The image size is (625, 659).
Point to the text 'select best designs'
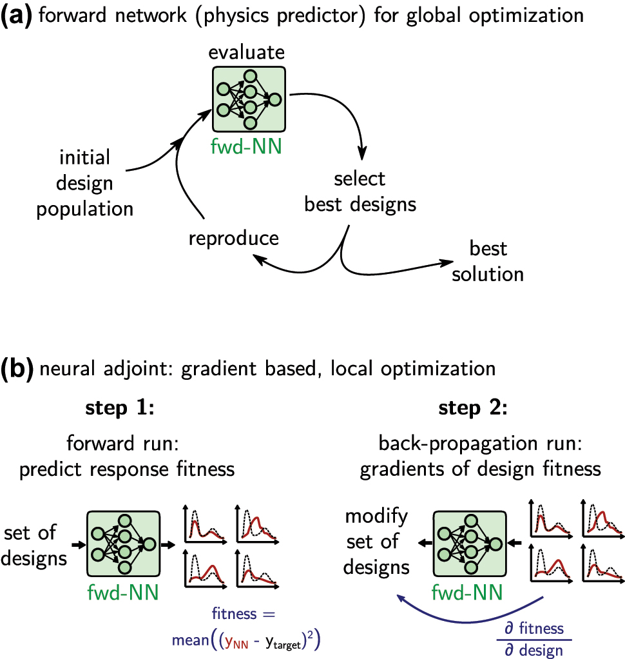tap(360, 192)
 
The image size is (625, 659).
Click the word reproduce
tap(234, 238)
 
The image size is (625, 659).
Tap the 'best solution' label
tap(488, 261)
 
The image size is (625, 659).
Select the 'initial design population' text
tap(84, 182)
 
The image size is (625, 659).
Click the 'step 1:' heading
tap(122, 409)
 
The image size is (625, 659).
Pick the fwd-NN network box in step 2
tap(470, 545)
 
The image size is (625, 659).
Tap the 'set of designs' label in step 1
tap(34, 545)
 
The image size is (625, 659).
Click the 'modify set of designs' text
tap(377, 542)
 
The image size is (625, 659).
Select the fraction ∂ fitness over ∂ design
tap(534, 638)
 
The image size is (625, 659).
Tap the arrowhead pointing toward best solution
tap(445, 262)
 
